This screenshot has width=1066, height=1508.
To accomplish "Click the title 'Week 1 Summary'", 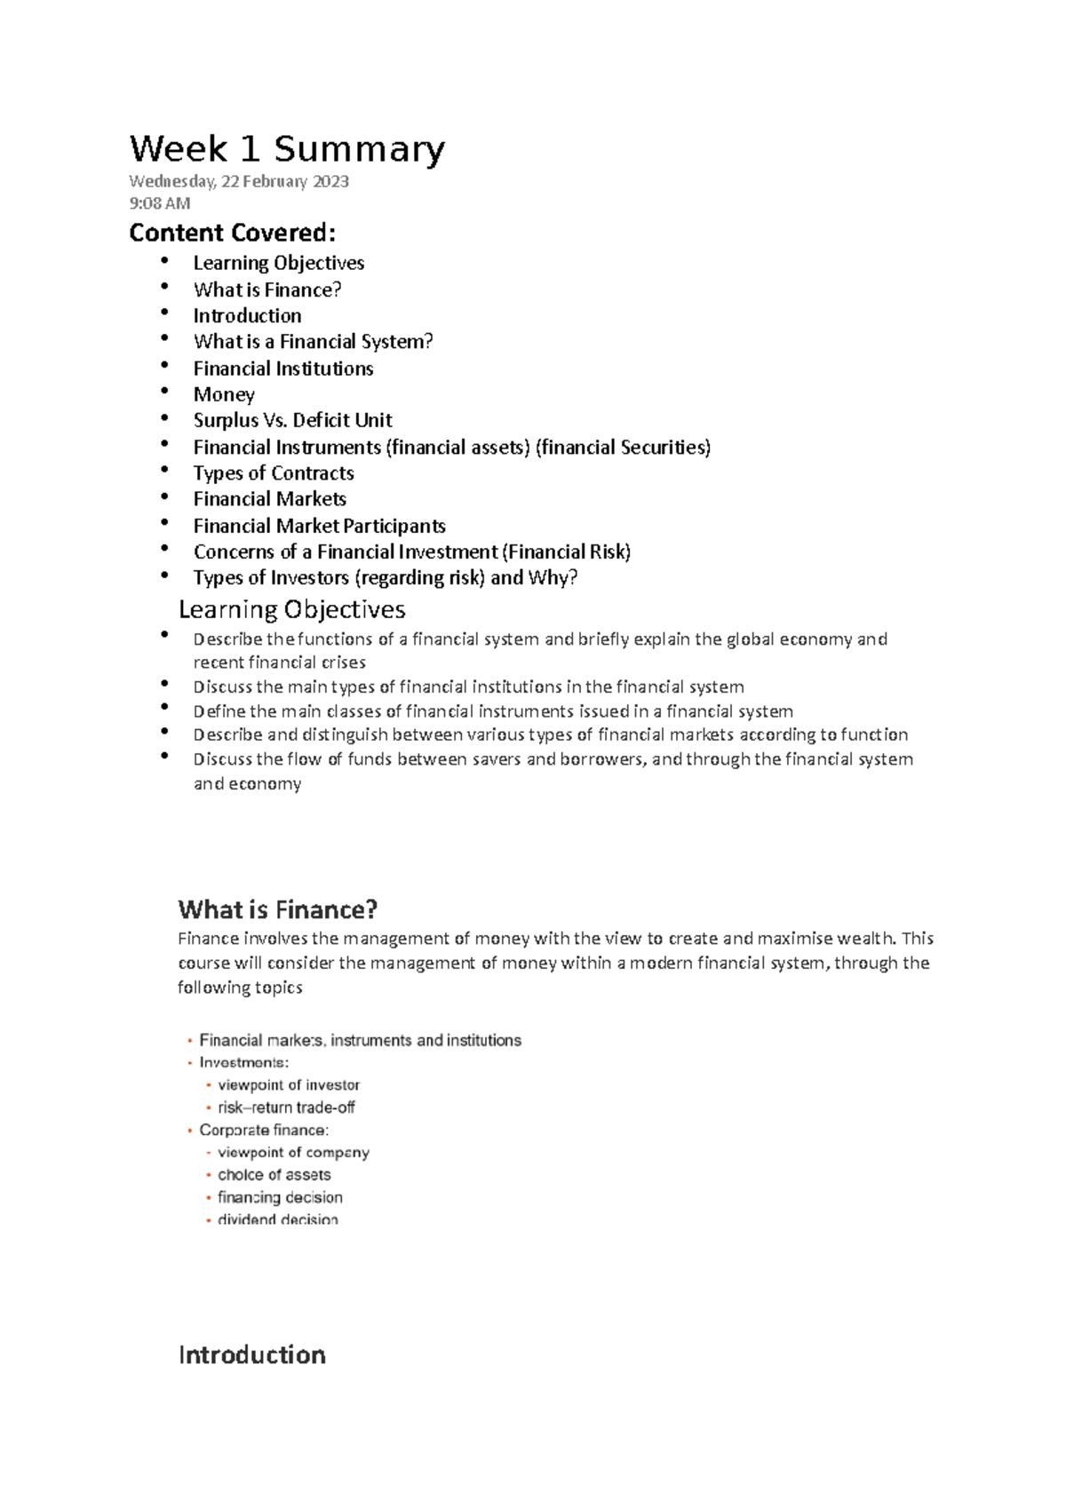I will pyautogui.click(x=286, y=149).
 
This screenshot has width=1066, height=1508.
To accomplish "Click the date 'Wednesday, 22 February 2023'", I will pyautogui.click(x=238, y=182).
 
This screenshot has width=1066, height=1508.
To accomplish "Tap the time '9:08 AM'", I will pyautogui.click(x=159, y=203).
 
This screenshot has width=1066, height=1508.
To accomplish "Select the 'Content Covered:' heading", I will pyautogui.click(x=232, y=234).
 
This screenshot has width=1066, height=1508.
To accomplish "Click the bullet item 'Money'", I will pyautogui.click(x=224, y=394).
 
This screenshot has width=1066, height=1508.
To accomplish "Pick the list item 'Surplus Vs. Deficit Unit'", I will pyautogui.click(x=292, y=420).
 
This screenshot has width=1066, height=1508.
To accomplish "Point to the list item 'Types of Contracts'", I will pyautogui.click(x=274, y=472).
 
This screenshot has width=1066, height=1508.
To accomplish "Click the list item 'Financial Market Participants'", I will pyautogui.click(x=319, y=526).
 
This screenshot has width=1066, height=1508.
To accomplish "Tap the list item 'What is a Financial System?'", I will pyautogui.click(x=313, y=342).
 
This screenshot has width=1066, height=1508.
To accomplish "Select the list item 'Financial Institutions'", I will pyautogui.click(x=282, y=369).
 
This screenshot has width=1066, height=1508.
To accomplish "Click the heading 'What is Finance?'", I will pyautogui.click(x=277, y=909).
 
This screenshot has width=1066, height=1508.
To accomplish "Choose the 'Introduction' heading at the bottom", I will pyautogui.click(x=251, y=1354).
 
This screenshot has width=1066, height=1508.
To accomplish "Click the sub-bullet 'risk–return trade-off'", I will pyautogui.click(x=286, y=1107).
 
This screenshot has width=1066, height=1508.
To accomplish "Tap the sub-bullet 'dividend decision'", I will pyautogui.click(x=277, y=1219).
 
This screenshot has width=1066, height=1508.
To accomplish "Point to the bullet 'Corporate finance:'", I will pyautogui.click(x=264, y=1130).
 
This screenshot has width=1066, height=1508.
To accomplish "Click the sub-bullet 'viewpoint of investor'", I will pyautogui.click(x=289, y=1085).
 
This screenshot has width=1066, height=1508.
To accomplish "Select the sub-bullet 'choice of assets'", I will pyautogui.click(x=274, y=1175).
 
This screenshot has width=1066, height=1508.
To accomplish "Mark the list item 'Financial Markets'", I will pyautogui.click(x=269, y=499).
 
